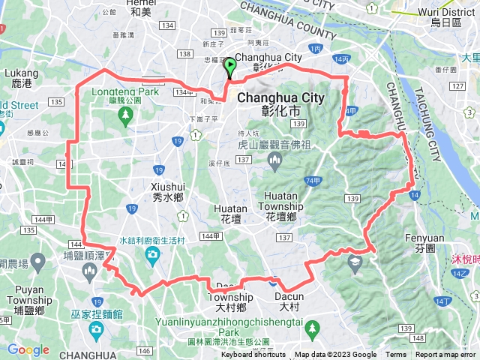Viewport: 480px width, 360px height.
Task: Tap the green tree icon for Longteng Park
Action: pyautogui.click(x=124, y=115)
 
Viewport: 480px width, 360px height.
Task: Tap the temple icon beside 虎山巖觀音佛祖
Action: pyautogui.click(x=274, y=159)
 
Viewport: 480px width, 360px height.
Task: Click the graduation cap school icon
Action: pyautogui.click(x=354, y=262)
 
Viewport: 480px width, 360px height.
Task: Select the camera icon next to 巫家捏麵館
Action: pyautogui.click(x=96, y=329)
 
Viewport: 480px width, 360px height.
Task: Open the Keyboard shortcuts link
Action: pyautogui.click(x=253, y=355)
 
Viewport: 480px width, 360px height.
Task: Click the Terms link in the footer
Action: pyautogui.click(x=396, y=355)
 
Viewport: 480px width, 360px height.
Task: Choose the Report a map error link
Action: pyautogui.click(x=445, y=355)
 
